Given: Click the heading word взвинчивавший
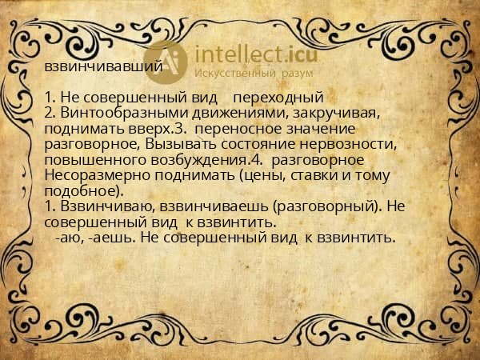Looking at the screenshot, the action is [103, 66].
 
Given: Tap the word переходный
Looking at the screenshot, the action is [278, 98].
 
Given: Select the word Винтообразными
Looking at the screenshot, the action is [124, 114].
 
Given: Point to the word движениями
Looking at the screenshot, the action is [241, 114].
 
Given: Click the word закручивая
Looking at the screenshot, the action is [337, 114].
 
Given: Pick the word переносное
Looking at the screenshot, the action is [238, 129].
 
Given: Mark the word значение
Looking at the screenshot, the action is [321, 129].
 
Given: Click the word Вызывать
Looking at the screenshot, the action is [182, 144].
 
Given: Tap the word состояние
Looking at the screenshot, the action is [258, 144].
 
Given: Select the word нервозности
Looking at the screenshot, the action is [348, 145].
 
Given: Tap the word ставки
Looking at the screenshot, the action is [313, 176].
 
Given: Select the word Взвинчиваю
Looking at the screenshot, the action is [108, 206].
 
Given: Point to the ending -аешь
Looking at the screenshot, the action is [111, 238].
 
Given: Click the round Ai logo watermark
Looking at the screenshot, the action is [166, 62].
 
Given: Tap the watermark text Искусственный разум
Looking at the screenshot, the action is [254, 73].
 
